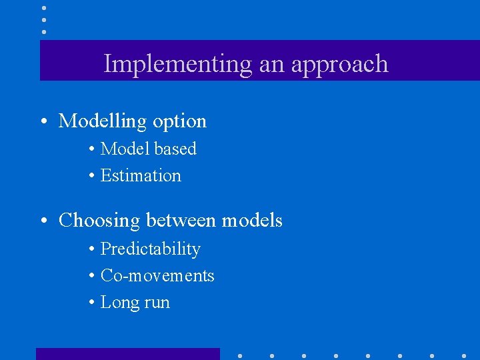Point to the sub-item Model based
pos(148,149)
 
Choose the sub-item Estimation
pos(141,175)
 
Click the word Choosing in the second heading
pos(99,221)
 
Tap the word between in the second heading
pos(181,220)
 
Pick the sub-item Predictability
pos(150,249)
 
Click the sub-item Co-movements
pos(157,275)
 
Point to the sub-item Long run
pos(135,303)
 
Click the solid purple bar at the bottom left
pos(127,354)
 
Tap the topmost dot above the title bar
pos(44,8)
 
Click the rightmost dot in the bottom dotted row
pos(464,355)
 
